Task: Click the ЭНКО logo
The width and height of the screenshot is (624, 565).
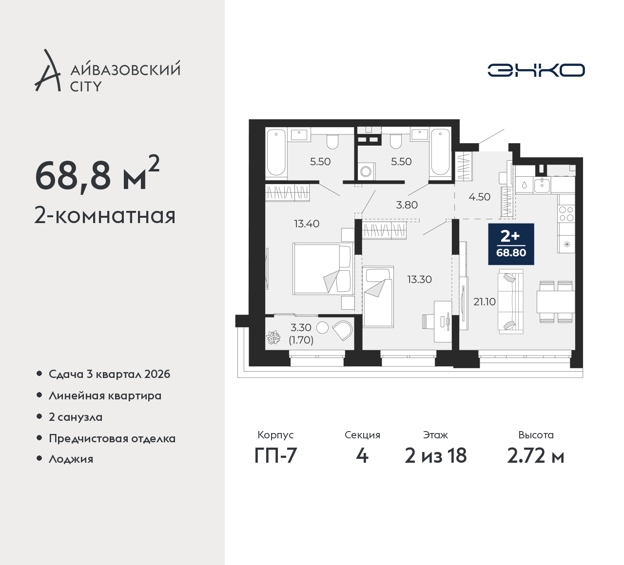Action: [x=536, y=70]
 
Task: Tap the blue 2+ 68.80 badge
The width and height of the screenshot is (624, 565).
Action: [x=511, y=245]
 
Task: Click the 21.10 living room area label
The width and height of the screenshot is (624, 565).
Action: [x=484, y=302]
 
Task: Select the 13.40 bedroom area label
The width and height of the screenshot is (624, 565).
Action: [x=307, y=224]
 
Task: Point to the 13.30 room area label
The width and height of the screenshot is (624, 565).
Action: [x=420, y=280]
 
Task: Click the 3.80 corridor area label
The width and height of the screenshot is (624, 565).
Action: [x=407, y=205]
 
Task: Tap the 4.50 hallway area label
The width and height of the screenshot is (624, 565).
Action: [x=479, y=197]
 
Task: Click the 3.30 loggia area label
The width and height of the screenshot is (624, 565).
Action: [x=301, y=328]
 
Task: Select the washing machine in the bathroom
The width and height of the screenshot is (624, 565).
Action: [x=366, y=171]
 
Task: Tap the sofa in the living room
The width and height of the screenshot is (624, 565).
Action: [x=510, y=301]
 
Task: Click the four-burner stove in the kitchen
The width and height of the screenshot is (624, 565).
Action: [x=566, y=213]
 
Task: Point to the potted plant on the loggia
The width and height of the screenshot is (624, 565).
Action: [x=273, y=338]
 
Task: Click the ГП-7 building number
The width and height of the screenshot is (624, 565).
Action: [x=275, y=456]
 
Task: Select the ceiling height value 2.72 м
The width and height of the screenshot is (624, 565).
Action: [x=536, y=456]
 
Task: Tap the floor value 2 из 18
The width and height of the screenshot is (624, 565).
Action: [x=435, y=456]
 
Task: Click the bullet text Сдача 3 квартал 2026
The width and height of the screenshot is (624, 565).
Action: [x=110, y=374]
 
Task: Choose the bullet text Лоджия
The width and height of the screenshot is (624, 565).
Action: [x=71, y=459]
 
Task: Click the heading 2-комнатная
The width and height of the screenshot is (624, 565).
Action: [x=105, y=216]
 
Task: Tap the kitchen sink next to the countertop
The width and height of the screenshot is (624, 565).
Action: [x=542, y=185]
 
